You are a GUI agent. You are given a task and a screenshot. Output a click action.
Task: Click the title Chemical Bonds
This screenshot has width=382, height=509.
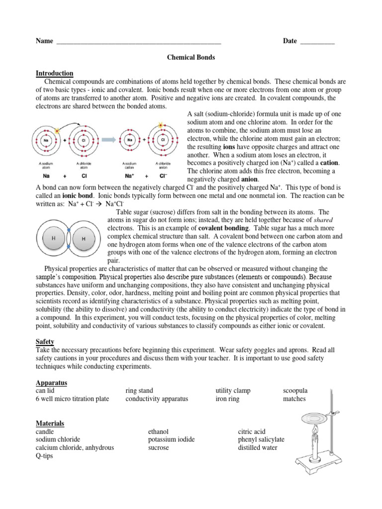(191, 58)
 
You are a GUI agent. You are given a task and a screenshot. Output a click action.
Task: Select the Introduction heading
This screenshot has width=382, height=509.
(54, 74)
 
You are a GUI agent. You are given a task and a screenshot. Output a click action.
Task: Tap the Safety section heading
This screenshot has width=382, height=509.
(45, 342)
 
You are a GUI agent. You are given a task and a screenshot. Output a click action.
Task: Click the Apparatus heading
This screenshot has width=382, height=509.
(51, 383)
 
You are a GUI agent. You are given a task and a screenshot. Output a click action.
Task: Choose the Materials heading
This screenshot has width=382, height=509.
(50, 424)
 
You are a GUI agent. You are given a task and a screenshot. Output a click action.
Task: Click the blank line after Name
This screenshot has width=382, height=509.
(139, 42)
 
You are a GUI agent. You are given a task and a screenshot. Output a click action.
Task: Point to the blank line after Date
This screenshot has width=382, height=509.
(317, 42)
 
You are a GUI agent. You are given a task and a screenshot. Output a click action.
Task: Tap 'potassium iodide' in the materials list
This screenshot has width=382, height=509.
(171, 439)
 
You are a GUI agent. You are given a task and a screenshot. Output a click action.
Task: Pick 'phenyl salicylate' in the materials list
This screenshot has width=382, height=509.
(261, 439)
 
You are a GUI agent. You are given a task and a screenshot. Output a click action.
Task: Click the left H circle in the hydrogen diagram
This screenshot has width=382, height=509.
(54, 238)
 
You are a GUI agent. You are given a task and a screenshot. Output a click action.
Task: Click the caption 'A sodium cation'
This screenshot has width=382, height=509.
(130, 165)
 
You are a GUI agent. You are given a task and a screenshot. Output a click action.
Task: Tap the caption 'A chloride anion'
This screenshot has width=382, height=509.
(163, 165)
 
